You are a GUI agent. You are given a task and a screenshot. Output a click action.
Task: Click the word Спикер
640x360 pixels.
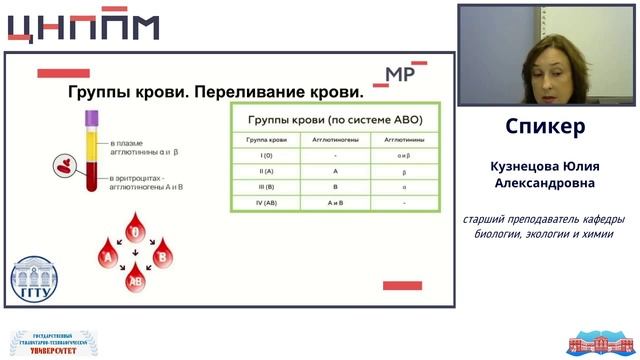[x=545, y=128]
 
